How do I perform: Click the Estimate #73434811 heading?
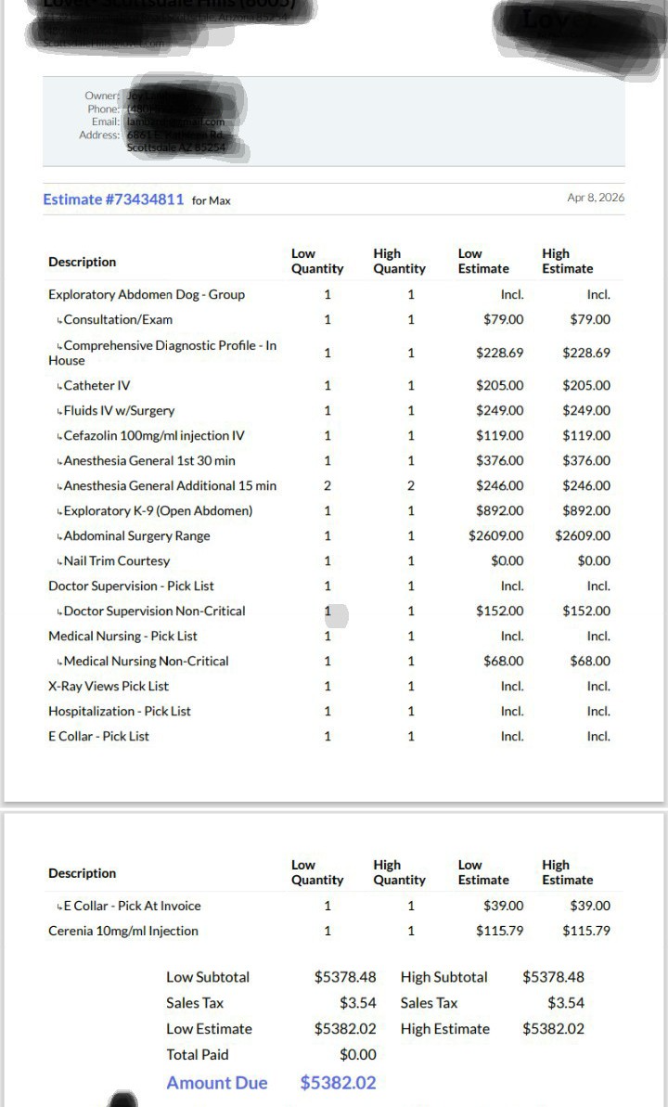pyautogui.click(x=113, y=200)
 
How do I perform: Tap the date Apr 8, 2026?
pyautogui.click(x=596, y=199)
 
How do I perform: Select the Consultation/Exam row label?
pyautogui.click(x=118, y=319)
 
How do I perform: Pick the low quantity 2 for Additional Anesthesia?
pyautogui.click(x=328, y=485)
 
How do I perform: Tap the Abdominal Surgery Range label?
pyautogui.click(x=136, y=535)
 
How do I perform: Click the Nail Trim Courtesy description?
pyautogui.click(x=117, y=560)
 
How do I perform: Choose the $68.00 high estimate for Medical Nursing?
pyautogui.click(x=589, y=661)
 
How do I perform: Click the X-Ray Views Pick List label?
pyautogui.click(x=109, y=686)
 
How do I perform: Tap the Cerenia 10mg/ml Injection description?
pyautogui.click(x=123, y=931)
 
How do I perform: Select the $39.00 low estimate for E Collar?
pyautogui.click(x=503, y=906)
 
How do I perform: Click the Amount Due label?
pyautogui.click(x=216, y=1083)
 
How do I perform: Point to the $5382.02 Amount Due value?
pyautogui.click(x=338, y=1083)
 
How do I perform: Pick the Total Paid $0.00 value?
pyautogui.click(x=357, y=1054)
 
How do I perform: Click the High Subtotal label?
pyautogui.click(x=443, y=977)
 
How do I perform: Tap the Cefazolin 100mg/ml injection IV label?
pyautogui.click(x=153, y=435)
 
